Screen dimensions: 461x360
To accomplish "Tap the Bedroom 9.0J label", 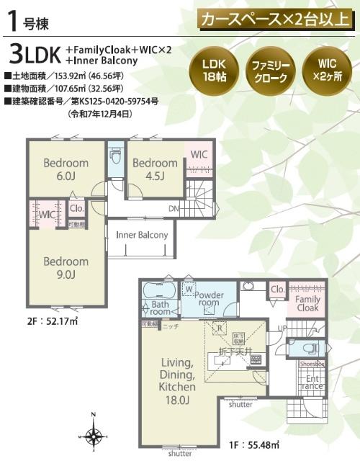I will point(65,267).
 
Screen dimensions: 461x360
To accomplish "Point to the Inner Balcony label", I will point(142,235).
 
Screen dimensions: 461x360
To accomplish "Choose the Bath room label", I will point(160,308).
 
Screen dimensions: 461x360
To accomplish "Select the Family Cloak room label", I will point(308,303).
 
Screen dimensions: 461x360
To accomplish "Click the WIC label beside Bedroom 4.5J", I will point(199,154).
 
